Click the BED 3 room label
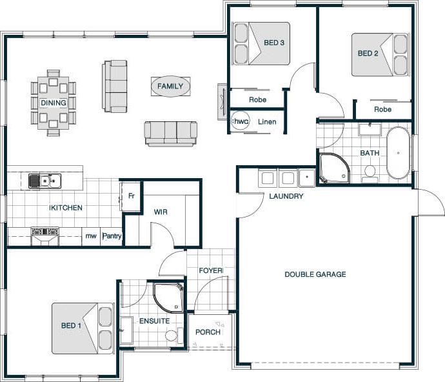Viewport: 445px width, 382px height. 274,43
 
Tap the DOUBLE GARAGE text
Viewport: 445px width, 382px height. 315,274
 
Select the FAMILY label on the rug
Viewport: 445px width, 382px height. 170,86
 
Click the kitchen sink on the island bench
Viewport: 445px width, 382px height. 45,181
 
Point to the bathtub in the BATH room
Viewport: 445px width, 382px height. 398,153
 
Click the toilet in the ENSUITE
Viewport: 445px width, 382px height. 171,336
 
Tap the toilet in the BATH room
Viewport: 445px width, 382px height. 370,174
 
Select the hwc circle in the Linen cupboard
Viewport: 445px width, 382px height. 240,121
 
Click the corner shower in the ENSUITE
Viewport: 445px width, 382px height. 168,297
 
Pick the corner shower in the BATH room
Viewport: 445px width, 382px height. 334,168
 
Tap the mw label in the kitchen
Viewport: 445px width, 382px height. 91,236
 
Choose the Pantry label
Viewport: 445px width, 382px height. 112,236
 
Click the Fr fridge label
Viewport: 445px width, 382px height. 131,196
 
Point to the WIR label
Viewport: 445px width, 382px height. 161,212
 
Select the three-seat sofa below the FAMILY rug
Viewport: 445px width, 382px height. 171,134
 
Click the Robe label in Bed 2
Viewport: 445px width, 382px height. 382,109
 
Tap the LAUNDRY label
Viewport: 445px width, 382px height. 286,196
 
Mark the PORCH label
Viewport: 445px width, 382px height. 208,332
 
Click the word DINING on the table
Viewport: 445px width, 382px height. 54,103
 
